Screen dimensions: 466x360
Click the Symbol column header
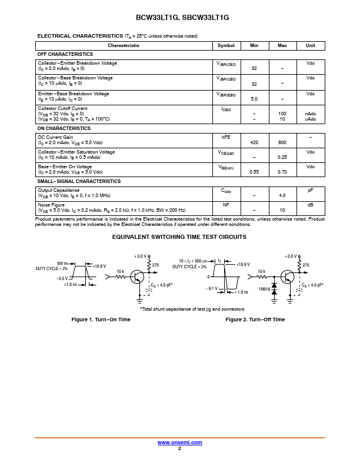(x=226, y=45)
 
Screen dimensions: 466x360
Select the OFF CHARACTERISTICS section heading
(x=65, y=54)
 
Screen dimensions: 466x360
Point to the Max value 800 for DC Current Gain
(x=282, y=142)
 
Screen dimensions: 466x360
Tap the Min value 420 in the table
(x=254, y=142)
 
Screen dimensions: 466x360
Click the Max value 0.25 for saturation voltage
(x=282, y=157)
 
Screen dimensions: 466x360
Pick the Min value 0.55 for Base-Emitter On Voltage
(x=254, y=172)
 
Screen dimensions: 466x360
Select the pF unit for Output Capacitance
(x=311, y=190)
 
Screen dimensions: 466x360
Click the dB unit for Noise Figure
(x=311, y=205)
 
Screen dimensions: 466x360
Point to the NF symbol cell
(x=226, y=205)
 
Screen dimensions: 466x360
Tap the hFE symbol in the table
(x=226, y=137)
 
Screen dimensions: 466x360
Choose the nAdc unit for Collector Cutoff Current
(x=311, y=114)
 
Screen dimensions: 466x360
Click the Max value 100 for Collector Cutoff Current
(x=282, y=114)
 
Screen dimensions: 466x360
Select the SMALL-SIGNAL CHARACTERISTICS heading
(x=79, y=181)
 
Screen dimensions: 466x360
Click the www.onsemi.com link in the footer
(x=180, y=442)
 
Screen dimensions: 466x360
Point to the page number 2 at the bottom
(x=179, y=448)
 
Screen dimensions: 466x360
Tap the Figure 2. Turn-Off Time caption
(x=255, y=319)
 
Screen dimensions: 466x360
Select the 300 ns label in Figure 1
(x=62, y=263)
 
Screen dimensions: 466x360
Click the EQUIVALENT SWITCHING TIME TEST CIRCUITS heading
(x=179, y=237)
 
